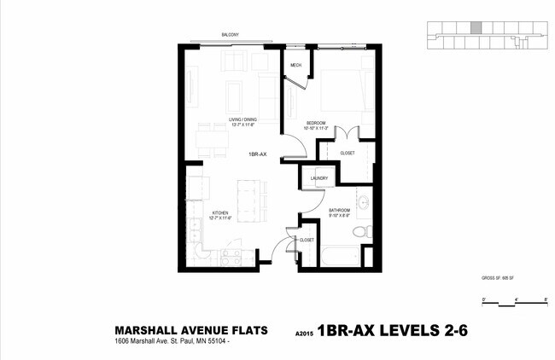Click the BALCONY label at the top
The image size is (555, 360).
click(x=230, y=35)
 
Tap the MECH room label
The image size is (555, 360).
click(x=295, y=66)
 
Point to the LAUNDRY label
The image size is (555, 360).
click(x=319, y=178)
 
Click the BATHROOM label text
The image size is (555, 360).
click(x=340, y=209)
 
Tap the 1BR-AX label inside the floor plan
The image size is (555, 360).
click(x=259, y=154)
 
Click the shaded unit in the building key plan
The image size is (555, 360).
click(x=476, y=28)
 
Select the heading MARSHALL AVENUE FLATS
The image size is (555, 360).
click(x=191, y=330)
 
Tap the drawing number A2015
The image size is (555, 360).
click(x=304, y=334)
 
